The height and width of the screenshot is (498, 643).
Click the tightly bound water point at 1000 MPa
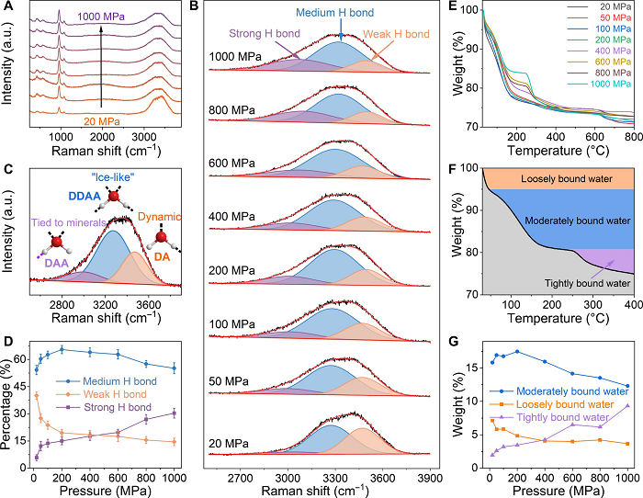pyautogui.click(x=627, y=405)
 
